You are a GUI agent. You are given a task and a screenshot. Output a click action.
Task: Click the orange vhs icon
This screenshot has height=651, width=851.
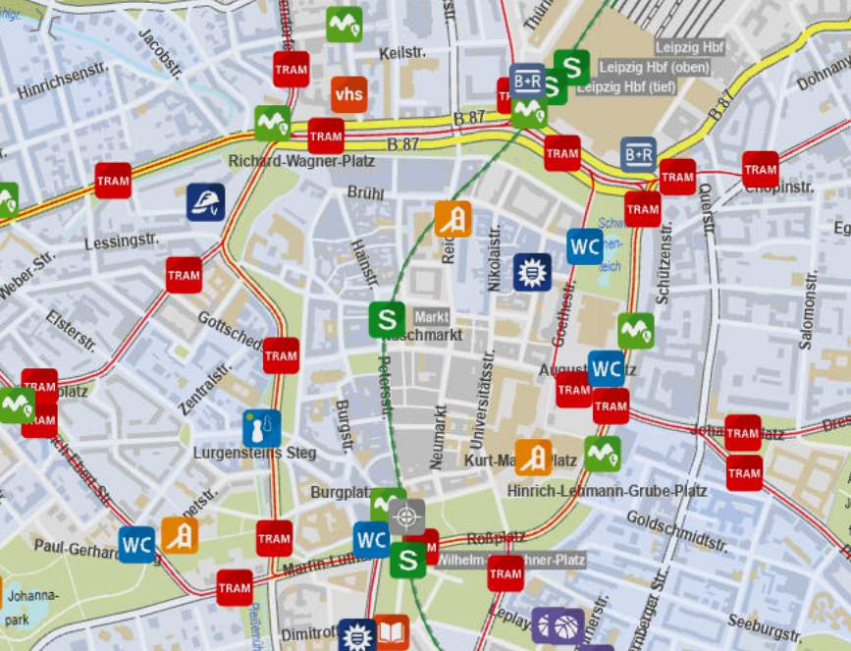pyautogui.click(x=348, y=94)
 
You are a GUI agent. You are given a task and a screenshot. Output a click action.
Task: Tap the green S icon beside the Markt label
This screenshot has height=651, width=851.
pyautogui.click(x=387, y=319)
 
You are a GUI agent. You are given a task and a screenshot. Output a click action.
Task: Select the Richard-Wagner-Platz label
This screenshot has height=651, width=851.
pyautogui.click(x=289, y=161)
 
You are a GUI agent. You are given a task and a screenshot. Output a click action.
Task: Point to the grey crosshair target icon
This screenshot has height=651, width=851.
pyautogui.click(x=406, y=515)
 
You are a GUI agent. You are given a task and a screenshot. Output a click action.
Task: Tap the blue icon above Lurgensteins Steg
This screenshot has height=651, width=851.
pyautogui.click(x=261, y=428)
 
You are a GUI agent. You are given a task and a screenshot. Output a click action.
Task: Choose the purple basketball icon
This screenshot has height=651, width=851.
pyautogui.click(x=558, y=625)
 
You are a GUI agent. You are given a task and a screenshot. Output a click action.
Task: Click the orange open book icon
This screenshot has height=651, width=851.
pyautogui.click(x=392, y=631)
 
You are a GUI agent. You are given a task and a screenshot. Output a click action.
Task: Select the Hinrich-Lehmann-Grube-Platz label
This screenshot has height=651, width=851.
pyautogui.click(x=607, y=490)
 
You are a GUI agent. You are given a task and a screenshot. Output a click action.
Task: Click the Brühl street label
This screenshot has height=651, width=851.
pyautogui.click(x=365, y=193)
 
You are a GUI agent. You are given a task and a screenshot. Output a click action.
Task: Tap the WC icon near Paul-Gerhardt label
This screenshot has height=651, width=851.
pyautogui.click(x=137, y=544)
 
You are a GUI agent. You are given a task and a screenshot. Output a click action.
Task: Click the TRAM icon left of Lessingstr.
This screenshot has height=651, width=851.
pyautogui.click(x=113, y=181)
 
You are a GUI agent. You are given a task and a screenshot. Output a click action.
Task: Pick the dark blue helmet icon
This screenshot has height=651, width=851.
pyautogui.click(x=206, y=202)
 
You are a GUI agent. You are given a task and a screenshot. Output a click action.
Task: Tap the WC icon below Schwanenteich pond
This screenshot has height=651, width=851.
pyautogui.click(x=585, y=246)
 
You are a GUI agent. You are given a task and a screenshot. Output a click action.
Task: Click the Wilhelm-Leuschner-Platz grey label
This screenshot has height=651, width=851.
pyautogui.click(x=510, y=560)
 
